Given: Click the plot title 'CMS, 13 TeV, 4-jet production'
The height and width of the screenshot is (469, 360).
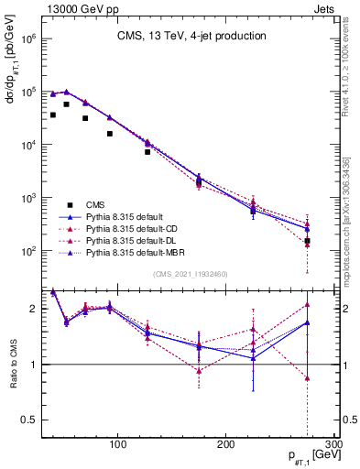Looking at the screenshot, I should [191, 37].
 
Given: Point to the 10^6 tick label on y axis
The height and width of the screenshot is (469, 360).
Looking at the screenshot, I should [27, 39].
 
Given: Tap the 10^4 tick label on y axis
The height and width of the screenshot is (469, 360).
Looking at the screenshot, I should [27, 145].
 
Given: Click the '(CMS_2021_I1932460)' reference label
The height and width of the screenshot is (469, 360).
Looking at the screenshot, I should [191, 274].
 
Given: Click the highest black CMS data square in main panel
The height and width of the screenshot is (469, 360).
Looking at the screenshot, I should [66, 104].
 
